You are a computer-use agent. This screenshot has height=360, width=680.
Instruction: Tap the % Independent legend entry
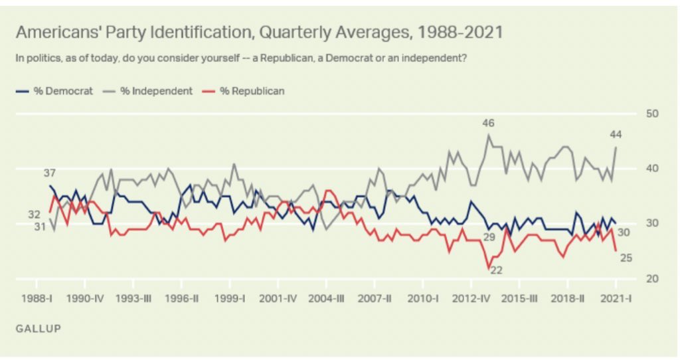(147, 90)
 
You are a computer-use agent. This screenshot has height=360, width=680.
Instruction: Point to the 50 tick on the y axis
(652, 114)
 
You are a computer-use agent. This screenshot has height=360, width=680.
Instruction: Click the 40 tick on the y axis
(652, 169)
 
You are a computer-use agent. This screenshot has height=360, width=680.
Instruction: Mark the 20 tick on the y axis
(652, 278)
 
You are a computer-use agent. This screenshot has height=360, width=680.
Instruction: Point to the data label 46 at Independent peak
(489, 124)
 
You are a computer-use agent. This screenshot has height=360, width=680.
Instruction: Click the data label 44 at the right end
(615, 135)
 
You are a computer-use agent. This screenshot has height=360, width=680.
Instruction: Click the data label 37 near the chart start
(50, 173)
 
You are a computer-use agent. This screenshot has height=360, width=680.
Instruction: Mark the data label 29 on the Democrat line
(489, 237)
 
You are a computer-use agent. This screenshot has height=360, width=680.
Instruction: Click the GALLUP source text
(35, 328)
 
